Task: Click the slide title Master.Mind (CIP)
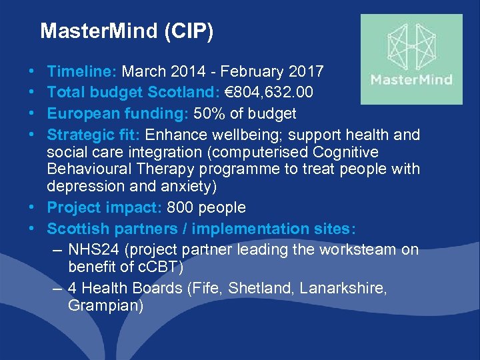click(x=127, y=31)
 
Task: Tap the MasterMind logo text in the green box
click(x=411, y=81)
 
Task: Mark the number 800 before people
click(x=180, y=208)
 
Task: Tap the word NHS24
click(x=92, y=250)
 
